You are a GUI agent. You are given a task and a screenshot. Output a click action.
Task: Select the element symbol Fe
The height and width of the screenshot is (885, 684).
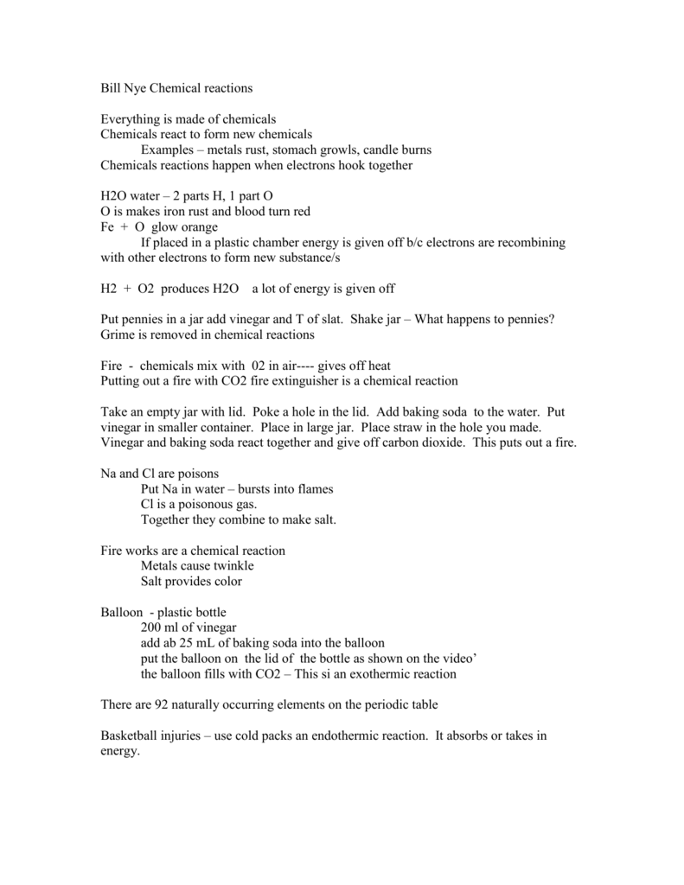pyautogui.click(x=109, y=226)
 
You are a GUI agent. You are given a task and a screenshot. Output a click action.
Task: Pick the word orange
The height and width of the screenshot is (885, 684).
pyautogui.click(x=200, y=226)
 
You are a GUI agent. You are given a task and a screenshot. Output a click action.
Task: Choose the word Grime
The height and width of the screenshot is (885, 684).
pyautogui.click(x=118, y=334)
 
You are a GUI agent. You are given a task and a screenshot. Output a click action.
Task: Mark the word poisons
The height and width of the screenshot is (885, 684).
pyautogui.click(x=195, y=474)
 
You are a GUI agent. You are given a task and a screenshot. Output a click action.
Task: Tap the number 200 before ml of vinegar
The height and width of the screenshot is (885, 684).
pyautogui.click(x=150, y=627)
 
